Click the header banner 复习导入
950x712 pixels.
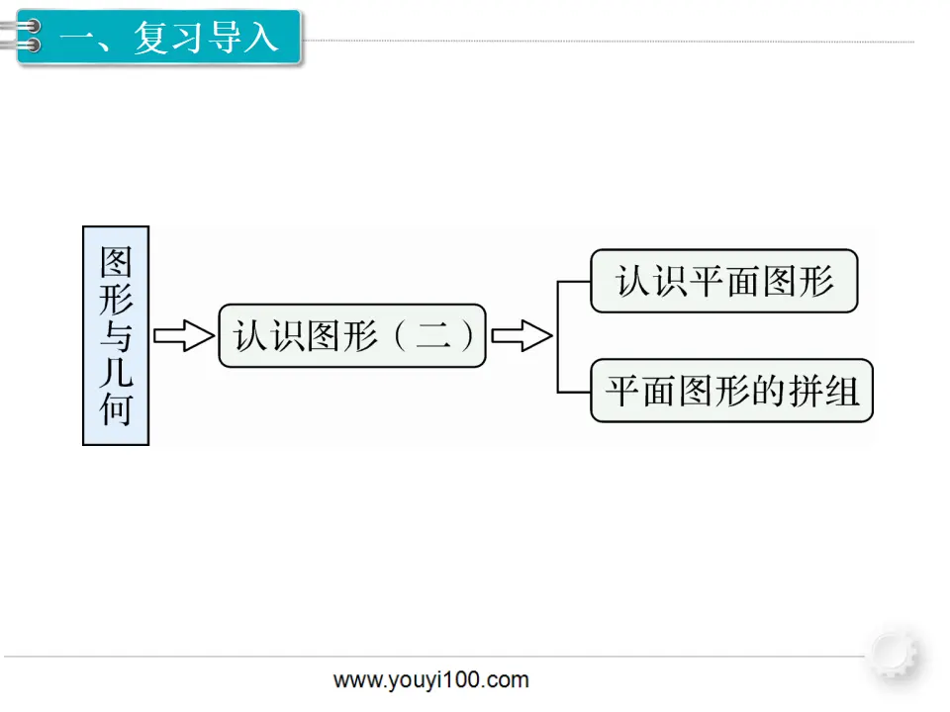[158, 37]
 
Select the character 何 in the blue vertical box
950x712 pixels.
[116, 409]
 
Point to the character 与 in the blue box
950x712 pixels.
[116, 336]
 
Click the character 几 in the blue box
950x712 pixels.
[116, 373]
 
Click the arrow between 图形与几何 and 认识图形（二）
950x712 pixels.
[184, 335]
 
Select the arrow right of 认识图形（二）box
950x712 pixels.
[522, 335]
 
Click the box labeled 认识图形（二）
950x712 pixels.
[352, 335]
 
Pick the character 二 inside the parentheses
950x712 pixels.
[433, 335]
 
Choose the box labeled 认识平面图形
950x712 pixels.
[724, 281]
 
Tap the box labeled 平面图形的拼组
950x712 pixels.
[731, 391]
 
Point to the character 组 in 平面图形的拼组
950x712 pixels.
[841, 391]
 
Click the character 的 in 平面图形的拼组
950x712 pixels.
[768, 391]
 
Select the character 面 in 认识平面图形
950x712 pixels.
[743, 281]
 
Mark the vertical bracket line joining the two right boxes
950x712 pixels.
[558, 336]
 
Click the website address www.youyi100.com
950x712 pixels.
[430, 680]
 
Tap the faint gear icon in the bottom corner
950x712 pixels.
[895, 653]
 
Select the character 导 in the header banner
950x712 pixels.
[225, 37]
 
